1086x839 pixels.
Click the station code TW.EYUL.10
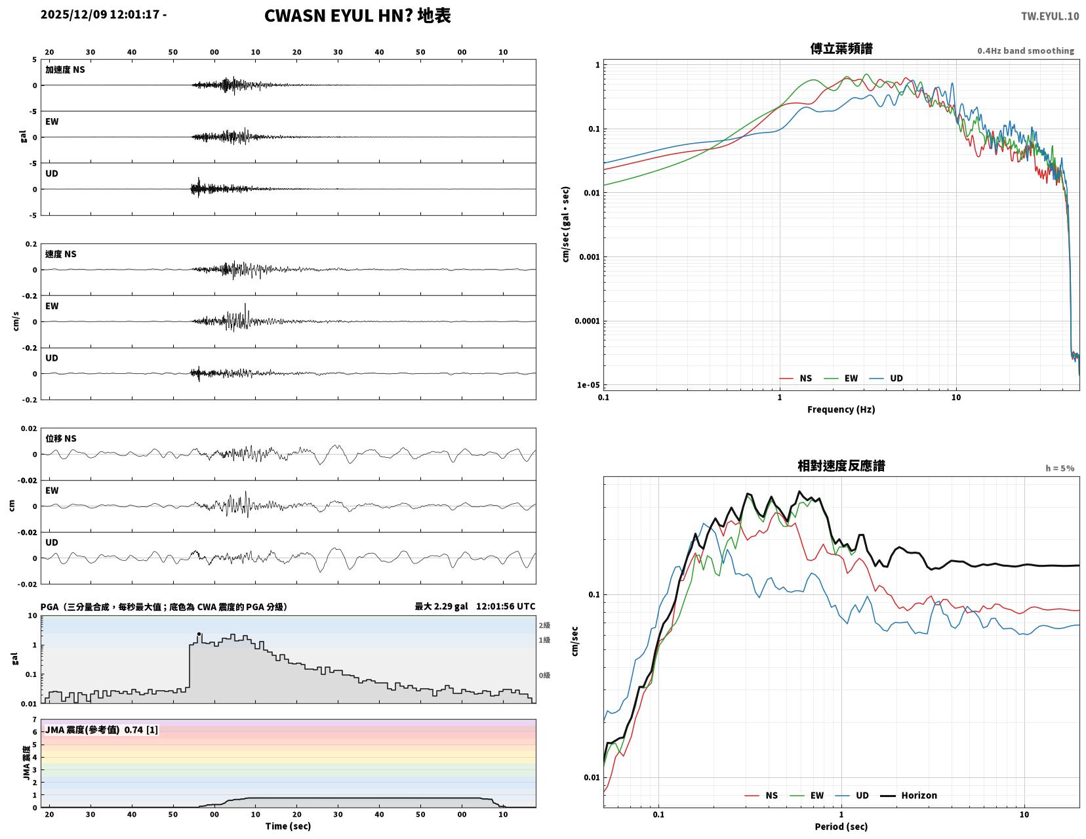[x=1049, y=16]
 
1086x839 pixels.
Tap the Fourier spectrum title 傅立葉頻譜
[x=841, y=49]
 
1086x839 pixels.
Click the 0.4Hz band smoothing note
[x=1026, y=51]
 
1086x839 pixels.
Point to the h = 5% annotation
[x=1060, y=468]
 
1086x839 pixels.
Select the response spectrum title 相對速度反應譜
[x=841, y=466]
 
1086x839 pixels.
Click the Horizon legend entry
[x=908, y=796]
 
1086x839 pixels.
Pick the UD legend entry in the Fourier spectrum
[x=886, y=379]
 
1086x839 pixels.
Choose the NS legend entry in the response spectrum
[x=761, y=796]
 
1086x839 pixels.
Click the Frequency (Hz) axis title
[x=841, y=409]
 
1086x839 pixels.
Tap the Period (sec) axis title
[x=841, y=827]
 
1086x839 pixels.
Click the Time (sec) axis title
[x=288, y=826]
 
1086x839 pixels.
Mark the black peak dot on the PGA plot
[x=199, y=634]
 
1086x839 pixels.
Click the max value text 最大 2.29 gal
[x=441, y=606]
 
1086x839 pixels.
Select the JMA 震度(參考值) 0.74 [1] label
[x=102, y=729]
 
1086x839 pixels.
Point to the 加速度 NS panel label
[x=65, y=70]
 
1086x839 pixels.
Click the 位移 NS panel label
[x=61, y=438]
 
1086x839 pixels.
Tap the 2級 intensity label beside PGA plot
[x=544, y=625]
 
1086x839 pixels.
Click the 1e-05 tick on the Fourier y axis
[x=588, y=385]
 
